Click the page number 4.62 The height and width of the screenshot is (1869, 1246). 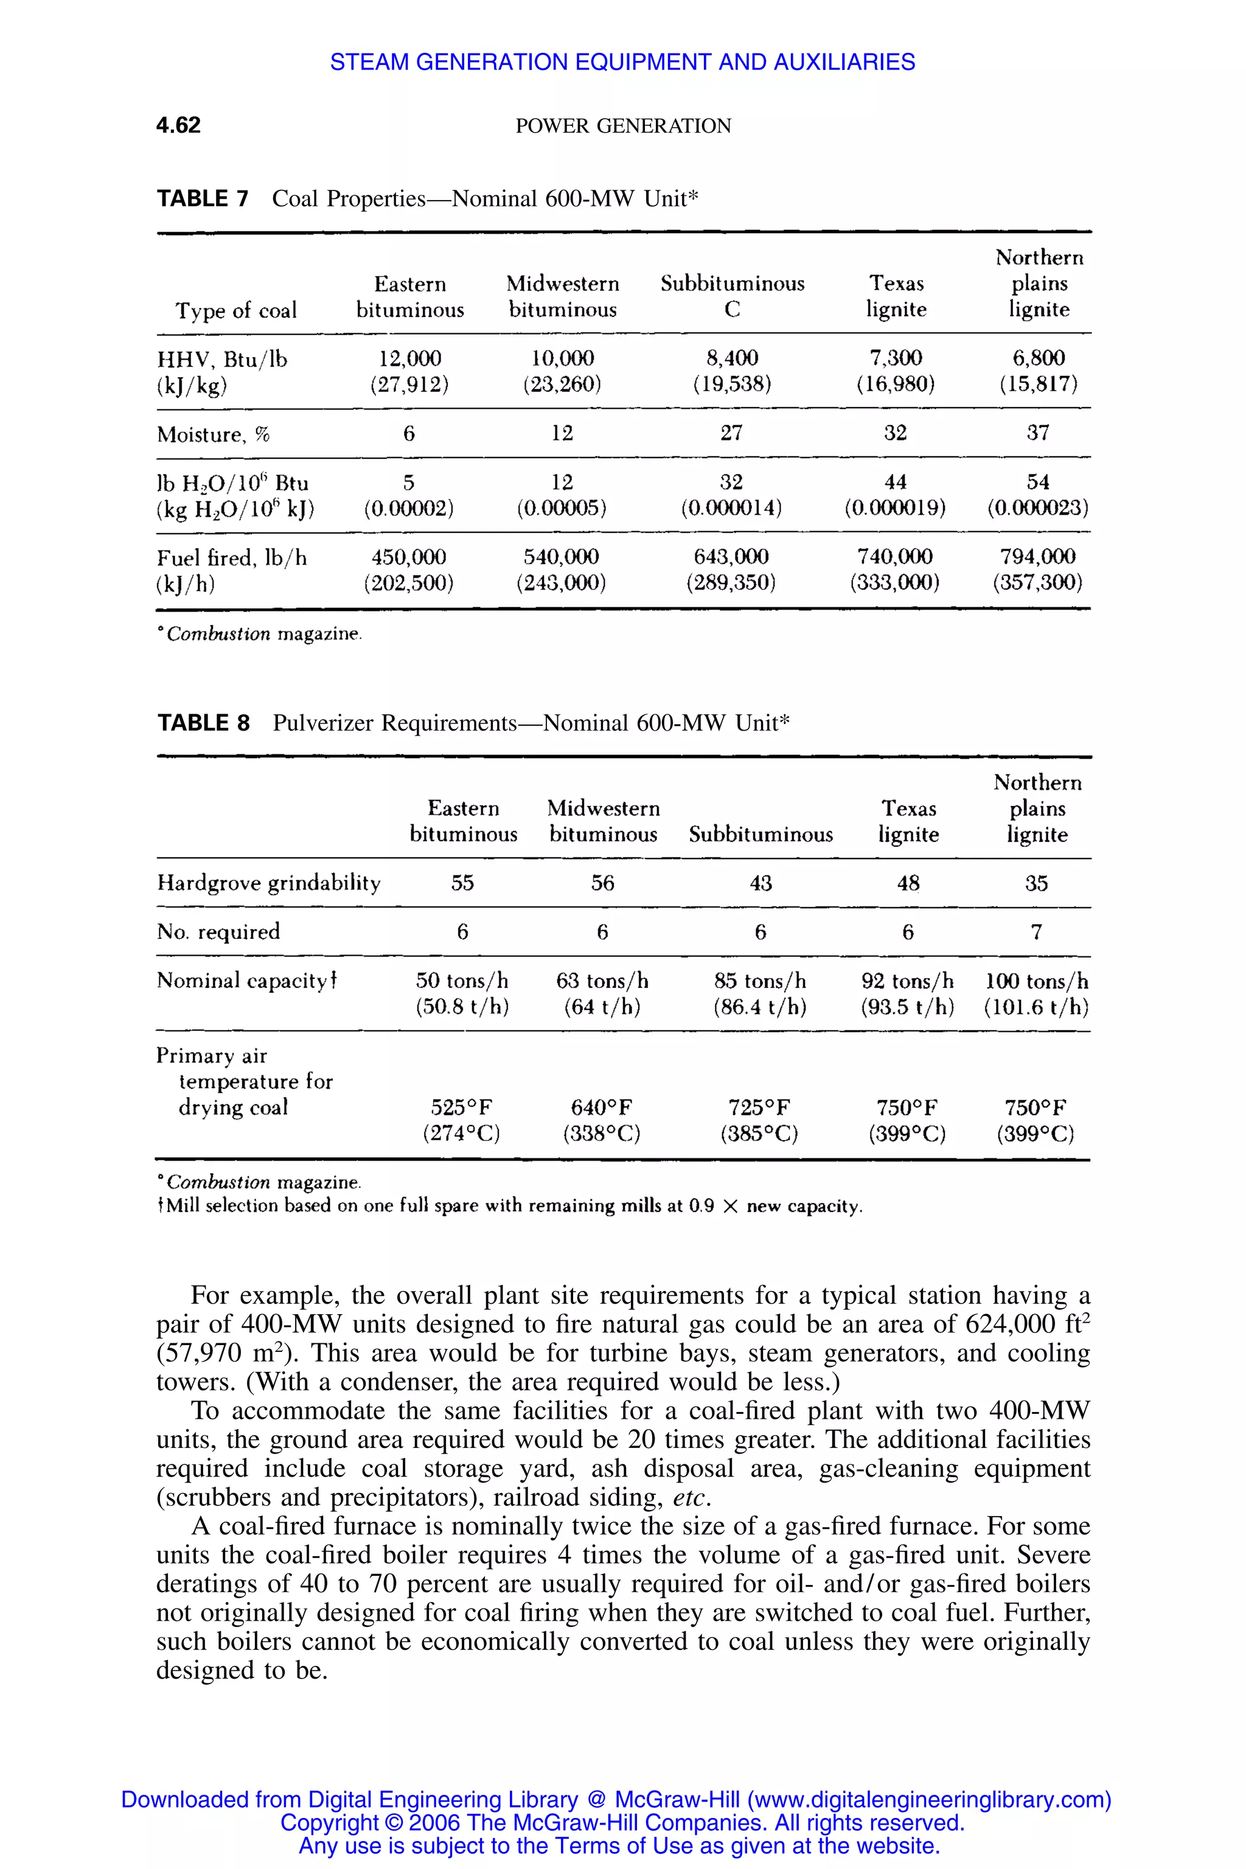[x=178, y=125]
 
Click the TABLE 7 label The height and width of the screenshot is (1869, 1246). [x=203, y=199]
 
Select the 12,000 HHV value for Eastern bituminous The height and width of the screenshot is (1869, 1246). [x=409, y=358]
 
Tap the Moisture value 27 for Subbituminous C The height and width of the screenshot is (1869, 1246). [x=731, y=433]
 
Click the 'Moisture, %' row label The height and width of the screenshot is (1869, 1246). [x=213, y=434]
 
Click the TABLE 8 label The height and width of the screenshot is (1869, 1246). [x=203, y=723]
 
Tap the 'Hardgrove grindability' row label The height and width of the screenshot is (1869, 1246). [x=268, y=883]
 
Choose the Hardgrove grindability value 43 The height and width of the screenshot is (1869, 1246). [x=760, y=883]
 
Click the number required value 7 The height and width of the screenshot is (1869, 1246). [x=1036, y=931]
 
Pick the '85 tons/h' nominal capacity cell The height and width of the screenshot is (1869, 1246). [x=760, y=981]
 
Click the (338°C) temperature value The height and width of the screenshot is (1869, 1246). [x=602, y=1133]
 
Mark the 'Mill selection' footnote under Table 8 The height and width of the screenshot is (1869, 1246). [x=509, y=1206]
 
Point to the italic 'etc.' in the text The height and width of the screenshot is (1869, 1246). [x=691, y=1498]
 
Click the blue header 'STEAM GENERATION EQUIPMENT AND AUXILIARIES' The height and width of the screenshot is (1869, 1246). [x=622, y=62]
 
